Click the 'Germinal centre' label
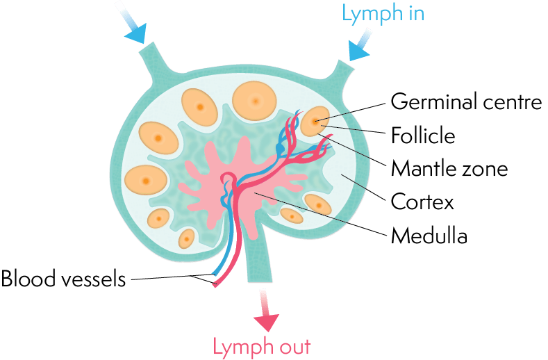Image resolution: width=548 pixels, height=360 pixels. pyautogui.click(x=465, y=102)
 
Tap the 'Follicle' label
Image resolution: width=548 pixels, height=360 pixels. pyautogui.click(x=423, y=135)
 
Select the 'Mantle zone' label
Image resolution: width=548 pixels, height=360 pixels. pyautogui.click(x=449, y=168)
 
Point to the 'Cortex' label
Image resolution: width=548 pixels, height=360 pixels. pyautogui.click(x=422, y=202)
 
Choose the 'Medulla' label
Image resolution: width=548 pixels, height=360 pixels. pyautogui.click(x=429, y=236)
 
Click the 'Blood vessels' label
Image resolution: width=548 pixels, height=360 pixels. pyautogui.click(x=64, y=279)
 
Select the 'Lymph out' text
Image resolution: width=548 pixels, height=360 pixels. pyautogui.click(x=261, y=346)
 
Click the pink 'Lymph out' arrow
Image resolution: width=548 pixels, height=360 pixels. pyautogui.click(x=265, y=313)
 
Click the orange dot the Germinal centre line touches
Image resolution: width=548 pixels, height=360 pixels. pyautogui.click(x=315, y=122)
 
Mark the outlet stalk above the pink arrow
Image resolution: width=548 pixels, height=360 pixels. pyautogui.click(x=258, y=257)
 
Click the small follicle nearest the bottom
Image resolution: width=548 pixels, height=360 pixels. pyautogui.click(x=186, y=238)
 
